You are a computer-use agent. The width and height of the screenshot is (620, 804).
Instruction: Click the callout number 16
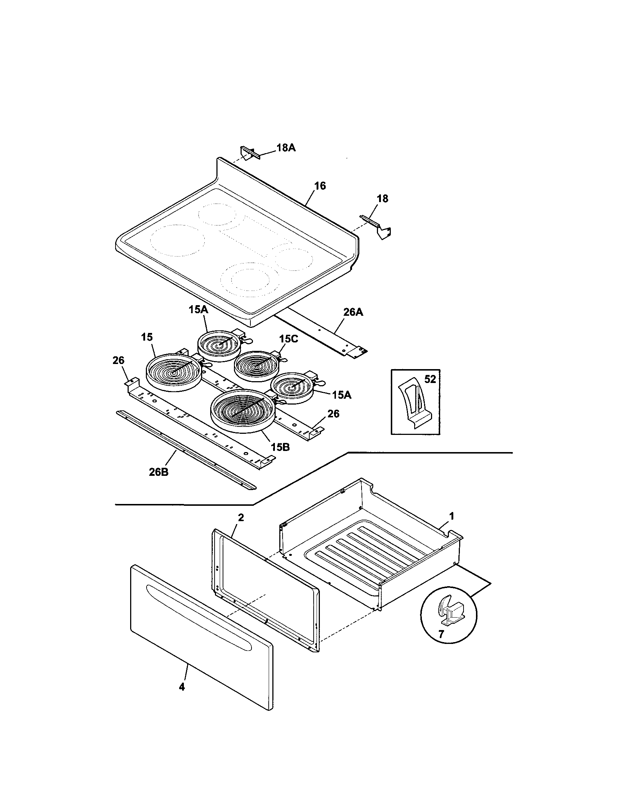coord(320,186)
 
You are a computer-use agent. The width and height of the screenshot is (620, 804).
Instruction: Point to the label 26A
coord(353,312)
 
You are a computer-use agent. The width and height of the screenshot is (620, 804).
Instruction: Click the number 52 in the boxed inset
coord(430,379)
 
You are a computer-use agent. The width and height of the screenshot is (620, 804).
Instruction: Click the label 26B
coord(159,472)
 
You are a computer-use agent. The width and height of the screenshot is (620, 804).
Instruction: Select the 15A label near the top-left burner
coord(199,310)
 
